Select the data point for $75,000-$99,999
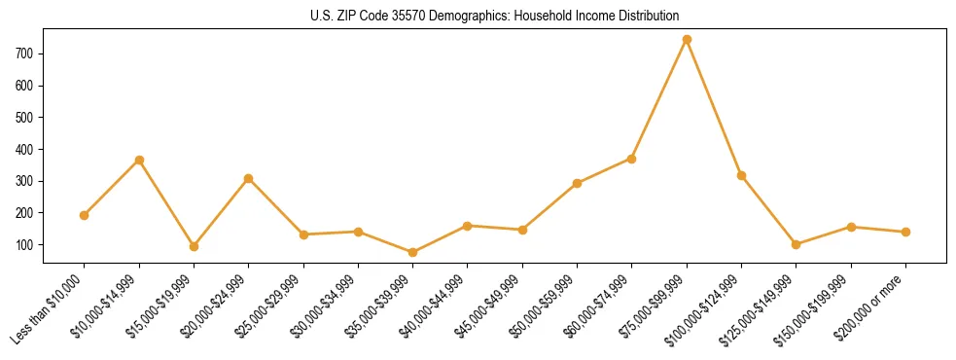point(687,39)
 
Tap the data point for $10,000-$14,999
point(139,160)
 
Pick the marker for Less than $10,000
point(85,215)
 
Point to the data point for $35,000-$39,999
point(413,252)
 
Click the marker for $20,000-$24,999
point(249,178)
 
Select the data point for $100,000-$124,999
point(742,175)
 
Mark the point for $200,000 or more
point(906,232)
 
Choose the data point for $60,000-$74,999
point(632,159)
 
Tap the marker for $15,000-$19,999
point(194,246)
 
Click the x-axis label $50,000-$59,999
point(544,306)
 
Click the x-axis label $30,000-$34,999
point(325,306)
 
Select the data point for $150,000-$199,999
point(852,227)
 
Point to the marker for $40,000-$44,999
point(468,226)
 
